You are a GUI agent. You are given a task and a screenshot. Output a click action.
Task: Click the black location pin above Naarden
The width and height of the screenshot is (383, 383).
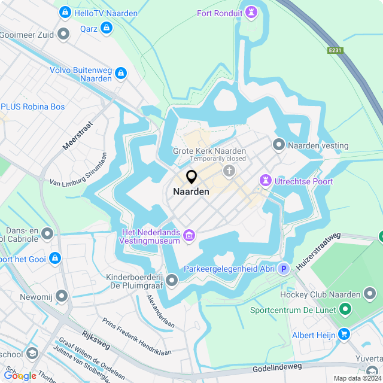click(191, 177)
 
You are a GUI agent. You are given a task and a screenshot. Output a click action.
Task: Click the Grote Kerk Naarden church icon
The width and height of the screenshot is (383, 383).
click(229, 172)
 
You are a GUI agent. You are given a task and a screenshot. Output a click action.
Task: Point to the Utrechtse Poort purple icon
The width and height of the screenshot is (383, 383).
click(265, 181)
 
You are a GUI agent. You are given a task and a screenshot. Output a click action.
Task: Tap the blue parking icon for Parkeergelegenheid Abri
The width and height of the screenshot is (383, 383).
click(284, 269)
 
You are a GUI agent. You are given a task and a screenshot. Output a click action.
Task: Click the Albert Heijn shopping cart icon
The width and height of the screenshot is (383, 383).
click(344, 335)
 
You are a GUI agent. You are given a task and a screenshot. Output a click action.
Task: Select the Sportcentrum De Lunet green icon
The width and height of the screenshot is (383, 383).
click(345, 310)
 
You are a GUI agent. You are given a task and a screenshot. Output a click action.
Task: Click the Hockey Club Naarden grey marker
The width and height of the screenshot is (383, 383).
click(370, 294)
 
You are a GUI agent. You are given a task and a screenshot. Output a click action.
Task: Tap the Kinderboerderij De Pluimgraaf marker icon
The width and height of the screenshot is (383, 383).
click(172, 279)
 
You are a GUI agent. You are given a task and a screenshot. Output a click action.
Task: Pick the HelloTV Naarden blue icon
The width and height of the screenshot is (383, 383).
click(65, 13)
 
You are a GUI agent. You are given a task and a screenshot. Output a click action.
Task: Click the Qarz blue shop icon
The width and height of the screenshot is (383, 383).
click(107, 28)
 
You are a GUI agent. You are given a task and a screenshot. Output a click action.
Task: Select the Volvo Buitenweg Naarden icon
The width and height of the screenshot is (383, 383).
click(121, 74)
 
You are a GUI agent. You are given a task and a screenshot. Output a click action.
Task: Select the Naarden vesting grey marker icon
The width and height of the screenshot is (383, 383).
click(279, 145)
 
